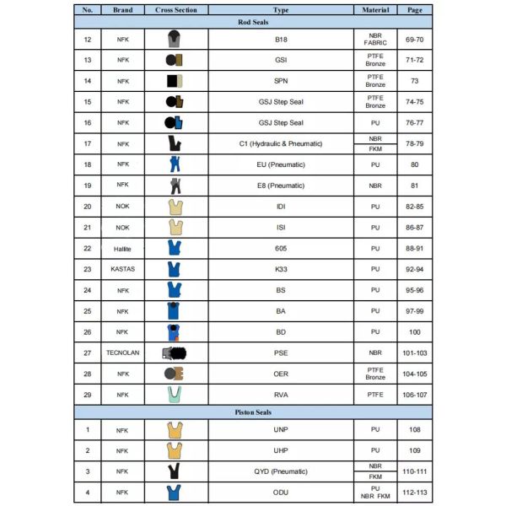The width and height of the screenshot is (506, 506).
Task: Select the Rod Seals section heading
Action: click(253, 24)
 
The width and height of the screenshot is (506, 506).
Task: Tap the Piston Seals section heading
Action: click(253, 412)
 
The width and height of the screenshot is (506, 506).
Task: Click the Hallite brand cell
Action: click(122, 248)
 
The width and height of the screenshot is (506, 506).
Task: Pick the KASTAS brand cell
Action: click(122, 269)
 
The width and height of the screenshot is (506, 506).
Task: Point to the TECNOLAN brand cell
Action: click(122, 353)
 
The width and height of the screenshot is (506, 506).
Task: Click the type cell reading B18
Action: click(281, 40)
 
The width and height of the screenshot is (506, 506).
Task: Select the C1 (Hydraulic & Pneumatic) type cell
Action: click(281, 144)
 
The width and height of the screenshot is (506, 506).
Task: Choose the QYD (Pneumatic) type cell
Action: click(281, 471)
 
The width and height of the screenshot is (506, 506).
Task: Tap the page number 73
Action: click(415, 81)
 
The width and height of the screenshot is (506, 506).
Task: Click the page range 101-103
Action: click(415, 353)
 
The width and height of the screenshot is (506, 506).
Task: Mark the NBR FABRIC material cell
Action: click(375, 40)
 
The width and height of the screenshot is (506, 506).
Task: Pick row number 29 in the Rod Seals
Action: click(88, 395)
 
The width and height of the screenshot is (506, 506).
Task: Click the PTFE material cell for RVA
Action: click(375, 395)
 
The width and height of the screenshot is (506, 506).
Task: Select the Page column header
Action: click(415, 10)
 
